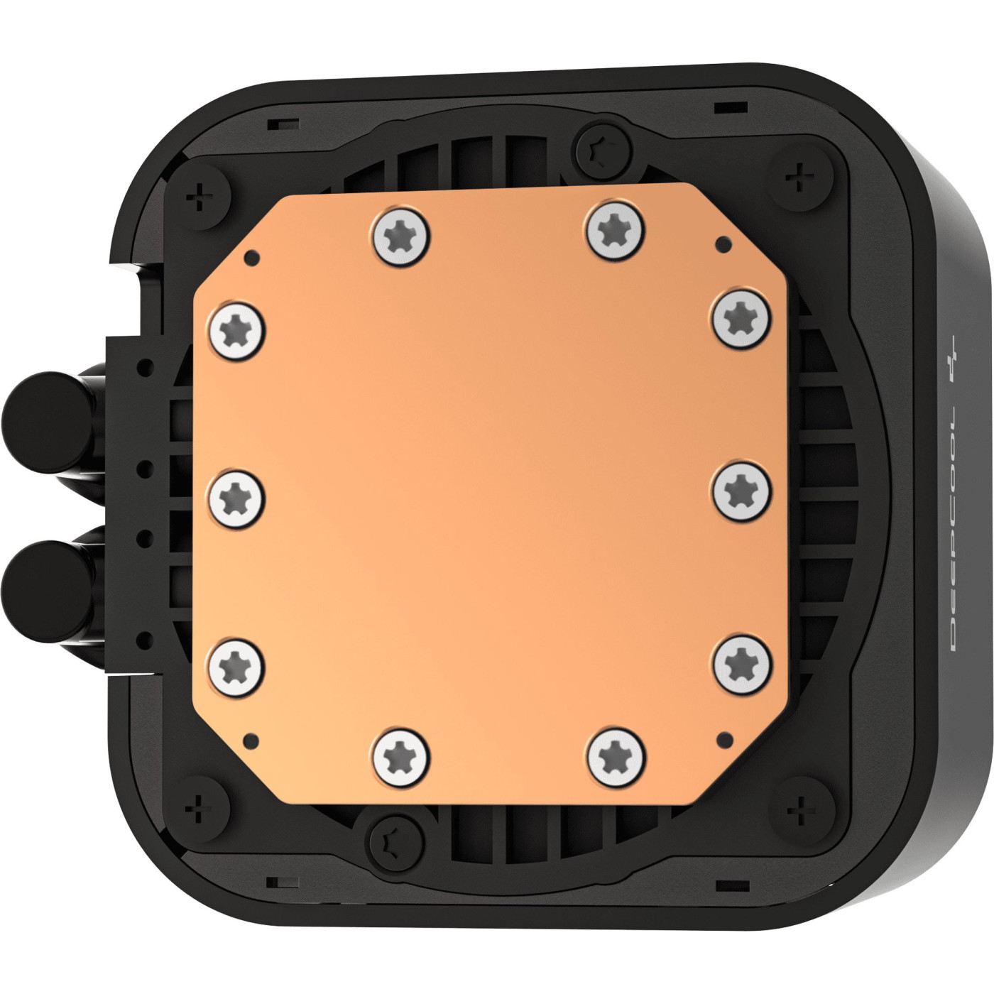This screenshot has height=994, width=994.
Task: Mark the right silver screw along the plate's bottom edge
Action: pos(617,754)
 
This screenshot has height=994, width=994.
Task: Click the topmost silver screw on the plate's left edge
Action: pos(236,329)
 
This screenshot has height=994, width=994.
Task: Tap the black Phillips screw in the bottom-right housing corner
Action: pos(799,806)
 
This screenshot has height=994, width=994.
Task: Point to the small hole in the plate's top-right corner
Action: pos(723,246)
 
